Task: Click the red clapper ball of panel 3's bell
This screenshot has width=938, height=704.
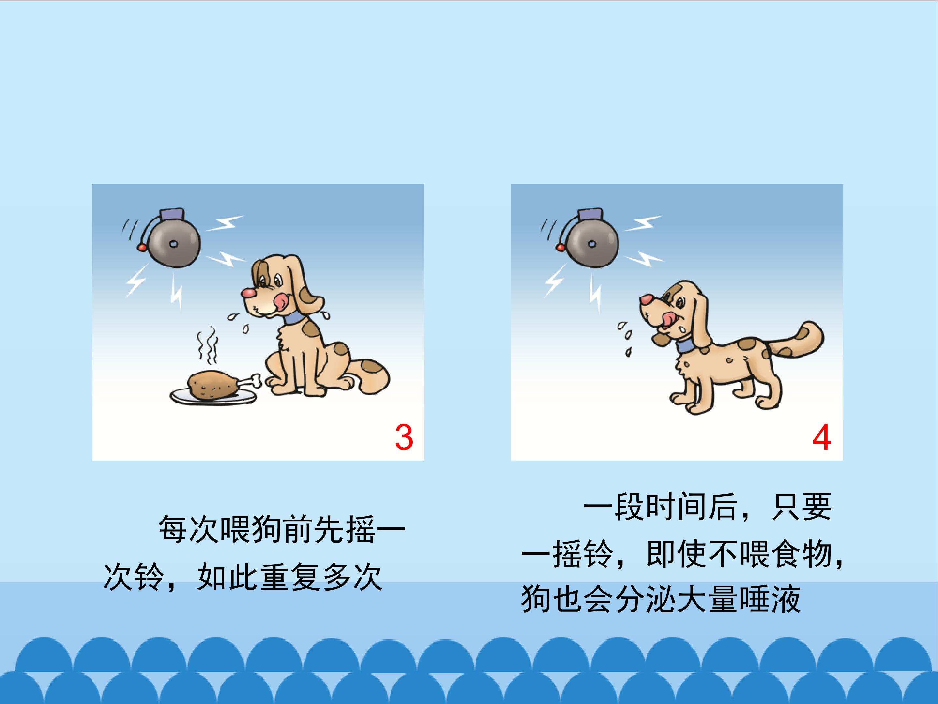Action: coord(142,247)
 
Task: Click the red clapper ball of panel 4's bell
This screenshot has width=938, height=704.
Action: coord(560,247)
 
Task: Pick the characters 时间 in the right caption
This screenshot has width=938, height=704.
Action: coord(676,507)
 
